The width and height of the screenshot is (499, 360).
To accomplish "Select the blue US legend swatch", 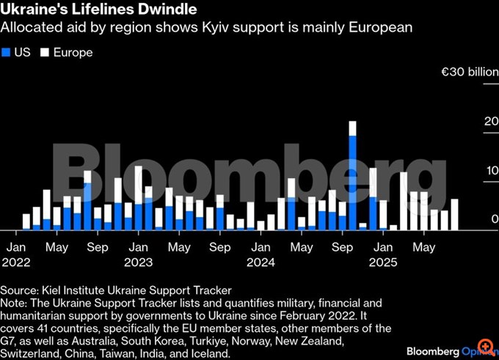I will [x=7, y=53].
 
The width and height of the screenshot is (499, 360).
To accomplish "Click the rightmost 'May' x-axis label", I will [x=423, y=248].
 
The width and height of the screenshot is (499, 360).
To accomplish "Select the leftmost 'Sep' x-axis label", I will [x=98, y=248].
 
